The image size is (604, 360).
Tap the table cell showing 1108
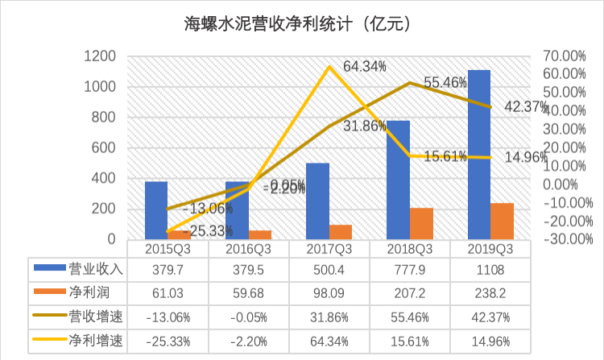(490, 267)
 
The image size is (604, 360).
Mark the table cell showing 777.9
(409, 267)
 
